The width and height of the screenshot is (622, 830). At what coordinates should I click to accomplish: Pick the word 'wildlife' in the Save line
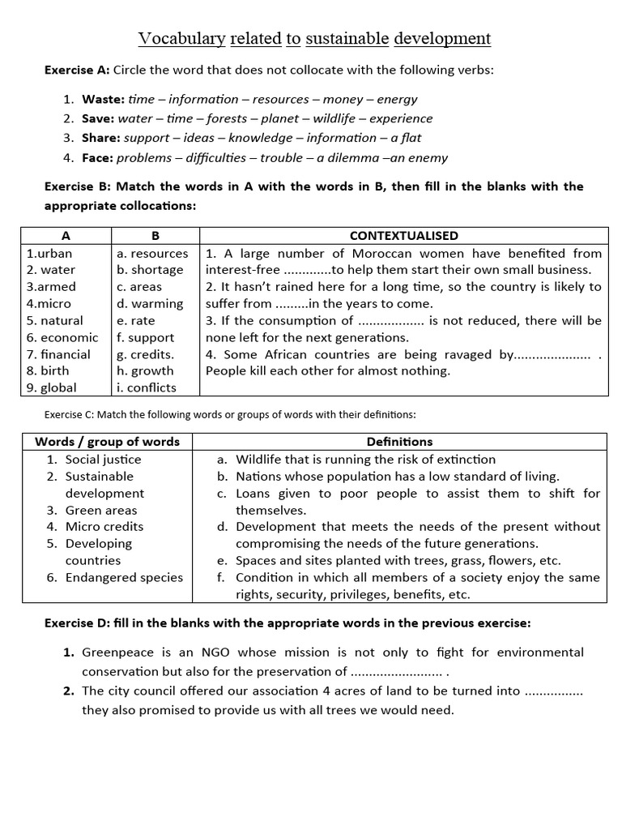tap(340, 118)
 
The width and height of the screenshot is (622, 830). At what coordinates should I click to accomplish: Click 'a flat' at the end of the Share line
tap(406, 138)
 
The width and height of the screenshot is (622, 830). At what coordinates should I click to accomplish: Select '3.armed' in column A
tap(51, 287)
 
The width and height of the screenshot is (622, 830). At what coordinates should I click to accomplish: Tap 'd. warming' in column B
tap(150, 304)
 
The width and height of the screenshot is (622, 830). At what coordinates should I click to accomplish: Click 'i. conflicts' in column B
tap(146, 387)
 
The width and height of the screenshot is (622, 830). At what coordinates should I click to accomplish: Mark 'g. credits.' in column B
tap(145, 354)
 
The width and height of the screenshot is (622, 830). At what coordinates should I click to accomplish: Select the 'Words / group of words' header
tap(107, 442)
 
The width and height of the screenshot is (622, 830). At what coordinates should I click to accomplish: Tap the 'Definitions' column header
tap(399, 442)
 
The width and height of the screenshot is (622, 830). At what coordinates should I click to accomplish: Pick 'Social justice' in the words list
tap(103, 459)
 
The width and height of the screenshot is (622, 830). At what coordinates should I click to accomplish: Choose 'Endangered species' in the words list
tap(124, 577)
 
